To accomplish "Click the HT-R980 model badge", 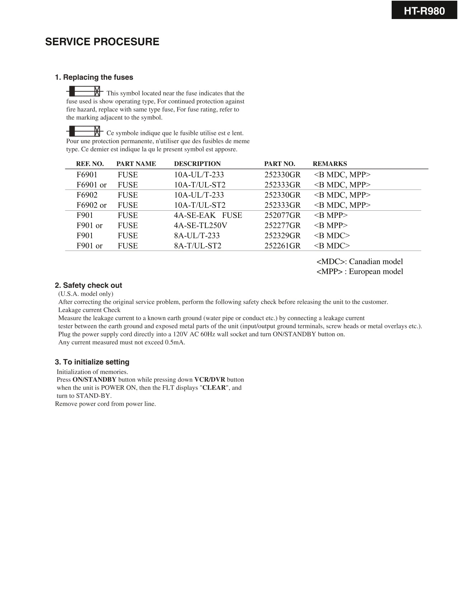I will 424,11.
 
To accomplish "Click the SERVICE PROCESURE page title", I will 102,42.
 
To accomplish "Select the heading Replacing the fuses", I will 94,77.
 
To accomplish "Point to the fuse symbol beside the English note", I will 85,91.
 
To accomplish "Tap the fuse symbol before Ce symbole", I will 85,131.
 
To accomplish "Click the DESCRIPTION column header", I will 197,164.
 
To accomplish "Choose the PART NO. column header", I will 279,164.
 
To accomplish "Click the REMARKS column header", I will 330,164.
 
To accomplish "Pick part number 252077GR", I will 282,215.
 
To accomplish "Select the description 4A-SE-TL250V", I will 200,225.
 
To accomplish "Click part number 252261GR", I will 282,246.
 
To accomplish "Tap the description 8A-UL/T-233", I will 197,236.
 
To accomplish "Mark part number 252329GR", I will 282,236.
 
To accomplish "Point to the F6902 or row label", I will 91,205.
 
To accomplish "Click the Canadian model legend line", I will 359,262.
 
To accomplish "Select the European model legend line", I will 359,272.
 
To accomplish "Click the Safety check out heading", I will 88,285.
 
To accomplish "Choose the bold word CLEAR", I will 214,388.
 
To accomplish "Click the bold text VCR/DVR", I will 209,380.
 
